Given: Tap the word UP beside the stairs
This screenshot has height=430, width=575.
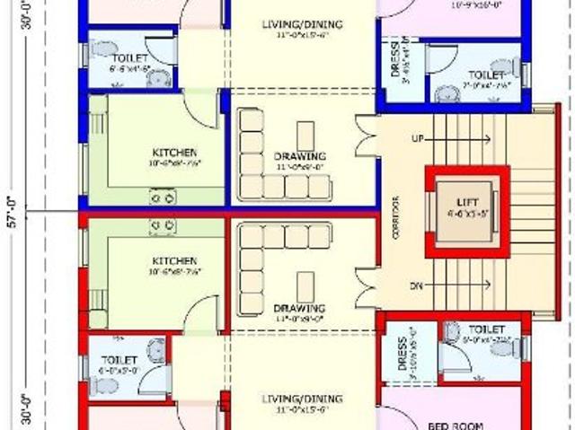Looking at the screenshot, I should pos(417,139).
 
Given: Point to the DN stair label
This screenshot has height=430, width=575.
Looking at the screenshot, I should pos(417,285).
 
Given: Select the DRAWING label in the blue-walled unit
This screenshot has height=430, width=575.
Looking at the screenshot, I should pos(300,156).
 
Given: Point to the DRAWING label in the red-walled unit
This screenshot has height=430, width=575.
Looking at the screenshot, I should pos(299,309).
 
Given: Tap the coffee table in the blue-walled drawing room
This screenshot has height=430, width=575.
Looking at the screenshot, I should pos(305,133).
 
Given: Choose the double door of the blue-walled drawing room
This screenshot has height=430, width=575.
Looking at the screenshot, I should pos(363,134).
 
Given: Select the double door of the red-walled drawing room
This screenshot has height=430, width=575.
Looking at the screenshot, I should pos(363,286).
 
